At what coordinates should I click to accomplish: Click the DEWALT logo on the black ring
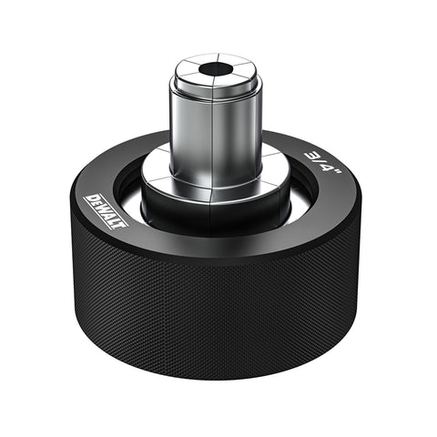pos(105,211)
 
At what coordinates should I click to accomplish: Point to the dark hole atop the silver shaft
pos(214,68)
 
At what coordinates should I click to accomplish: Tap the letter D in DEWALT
pos(91,198)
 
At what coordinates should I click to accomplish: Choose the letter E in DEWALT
pos(97,204)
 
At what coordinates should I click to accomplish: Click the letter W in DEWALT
pos(103,209)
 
